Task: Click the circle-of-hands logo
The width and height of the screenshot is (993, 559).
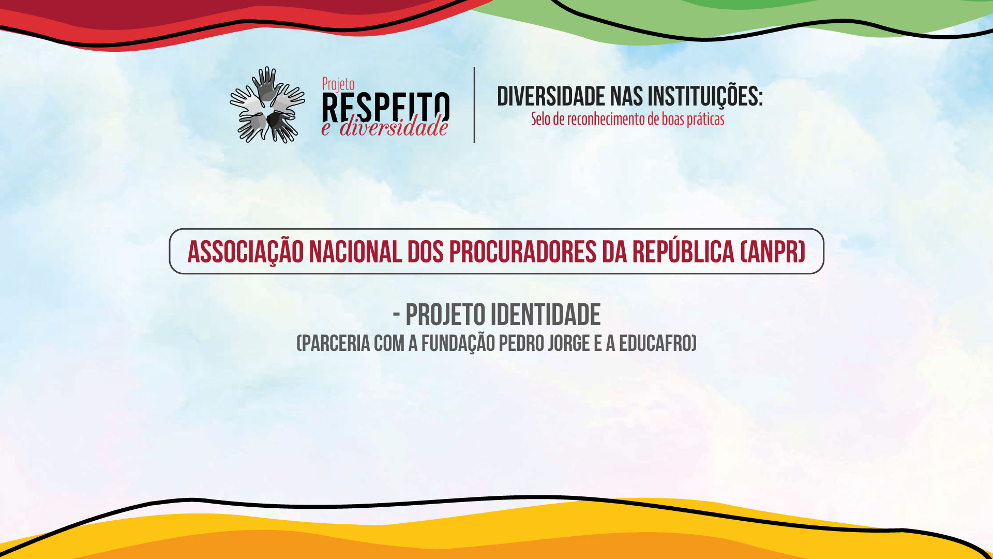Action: [267, 105]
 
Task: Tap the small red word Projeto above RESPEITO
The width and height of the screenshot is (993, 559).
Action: [338, 84]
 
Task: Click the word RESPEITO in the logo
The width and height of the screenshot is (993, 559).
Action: [385, 108]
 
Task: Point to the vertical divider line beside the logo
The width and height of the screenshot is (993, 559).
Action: [474, 105]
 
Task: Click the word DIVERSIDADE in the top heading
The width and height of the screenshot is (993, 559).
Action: [551, 97]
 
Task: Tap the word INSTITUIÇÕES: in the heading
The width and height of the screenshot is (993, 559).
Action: [705, 97]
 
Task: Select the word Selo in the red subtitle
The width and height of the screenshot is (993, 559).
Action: [540, 119]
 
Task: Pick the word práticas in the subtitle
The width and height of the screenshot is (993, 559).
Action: [705, 120]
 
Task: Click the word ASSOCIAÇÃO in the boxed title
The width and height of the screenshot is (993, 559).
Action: [245, 252]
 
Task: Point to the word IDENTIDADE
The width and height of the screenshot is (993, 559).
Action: [546, 315]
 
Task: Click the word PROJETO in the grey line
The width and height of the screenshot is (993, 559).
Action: [445, 315]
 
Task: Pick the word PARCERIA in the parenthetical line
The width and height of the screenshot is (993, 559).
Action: [335, 343]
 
